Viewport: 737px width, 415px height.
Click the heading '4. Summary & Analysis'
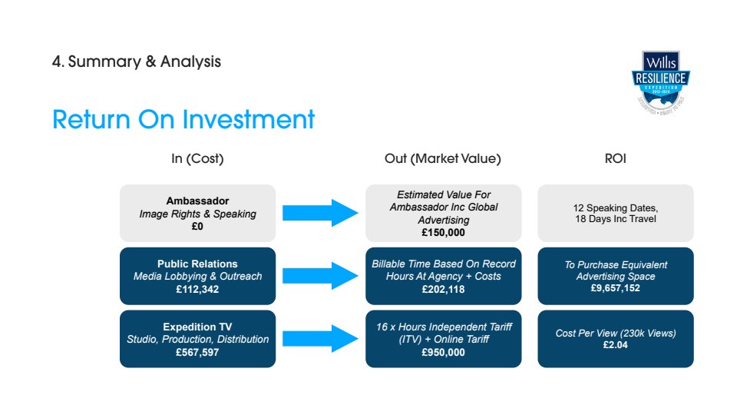pos(136,61)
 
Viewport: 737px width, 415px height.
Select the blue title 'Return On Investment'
pos(183,120)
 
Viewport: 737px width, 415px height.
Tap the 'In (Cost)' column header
pos(197,159)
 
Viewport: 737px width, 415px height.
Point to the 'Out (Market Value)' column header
pos(442,159)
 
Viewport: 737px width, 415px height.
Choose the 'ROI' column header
pos(615,159)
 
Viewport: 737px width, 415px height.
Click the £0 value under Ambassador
pos(197,226)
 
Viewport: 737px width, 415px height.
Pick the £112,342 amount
pos(197,289)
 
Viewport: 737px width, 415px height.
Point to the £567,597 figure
pos(197,352)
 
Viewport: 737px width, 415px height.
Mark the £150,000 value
pos(443,232)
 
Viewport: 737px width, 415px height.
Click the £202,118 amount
pos(443,289)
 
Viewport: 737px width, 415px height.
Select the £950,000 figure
pos(443,352)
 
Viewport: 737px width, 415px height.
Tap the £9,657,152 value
pos(615,289)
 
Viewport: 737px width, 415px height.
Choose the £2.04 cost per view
pos(615,346)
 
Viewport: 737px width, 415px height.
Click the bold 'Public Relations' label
pos(197,264)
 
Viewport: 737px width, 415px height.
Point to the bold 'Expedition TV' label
pos(197,326)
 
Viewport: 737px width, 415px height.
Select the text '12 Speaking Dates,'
pos(615,207)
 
